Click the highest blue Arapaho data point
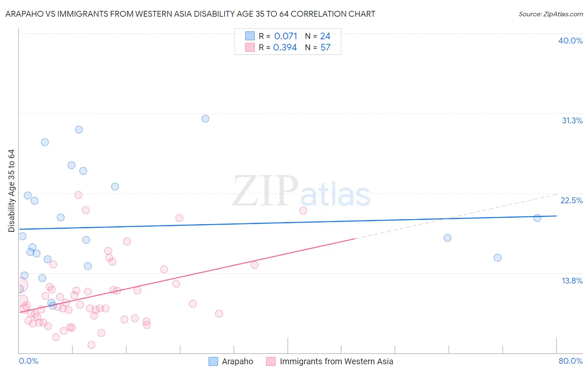(x=205, y=119)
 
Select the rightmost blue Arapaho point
(x=537, y=218)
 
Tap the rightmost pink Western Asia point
(x=303, y=211)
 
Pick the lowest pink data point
(x=92, y=345)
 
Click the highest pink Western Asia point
(x=78, y=195)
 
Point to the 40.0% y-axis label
(x=570, y=41)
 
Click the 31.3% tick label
(x=572, y=120)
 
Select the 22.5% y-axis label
(x=571, y=200)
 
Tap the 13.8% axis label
(x=572, y=281)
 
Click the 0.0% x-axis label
(x=28, y=361)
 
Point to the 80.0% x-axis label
(x=570, y=361)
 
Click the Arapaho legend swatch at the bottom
(x=213, y=361)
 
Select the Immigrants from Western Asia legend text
(x=336, y=361)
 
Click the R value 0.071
(x=286, y=36)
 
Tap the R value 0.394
(x=285, y=48)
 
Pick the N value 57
(x=325, y=48)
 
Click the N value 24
(x=325, y=36)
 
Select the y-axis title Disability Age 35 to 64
(x=11, y=191)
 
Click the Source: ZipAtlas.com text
(x=550, y=14)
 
